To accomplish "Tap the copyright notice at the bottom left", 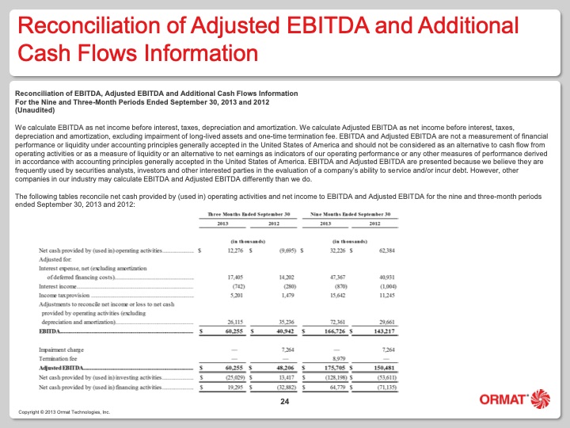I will [64, 414].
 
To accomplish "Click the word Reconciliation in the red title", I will [79, 25].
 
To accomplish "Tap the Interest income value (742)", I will [233, 286].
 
